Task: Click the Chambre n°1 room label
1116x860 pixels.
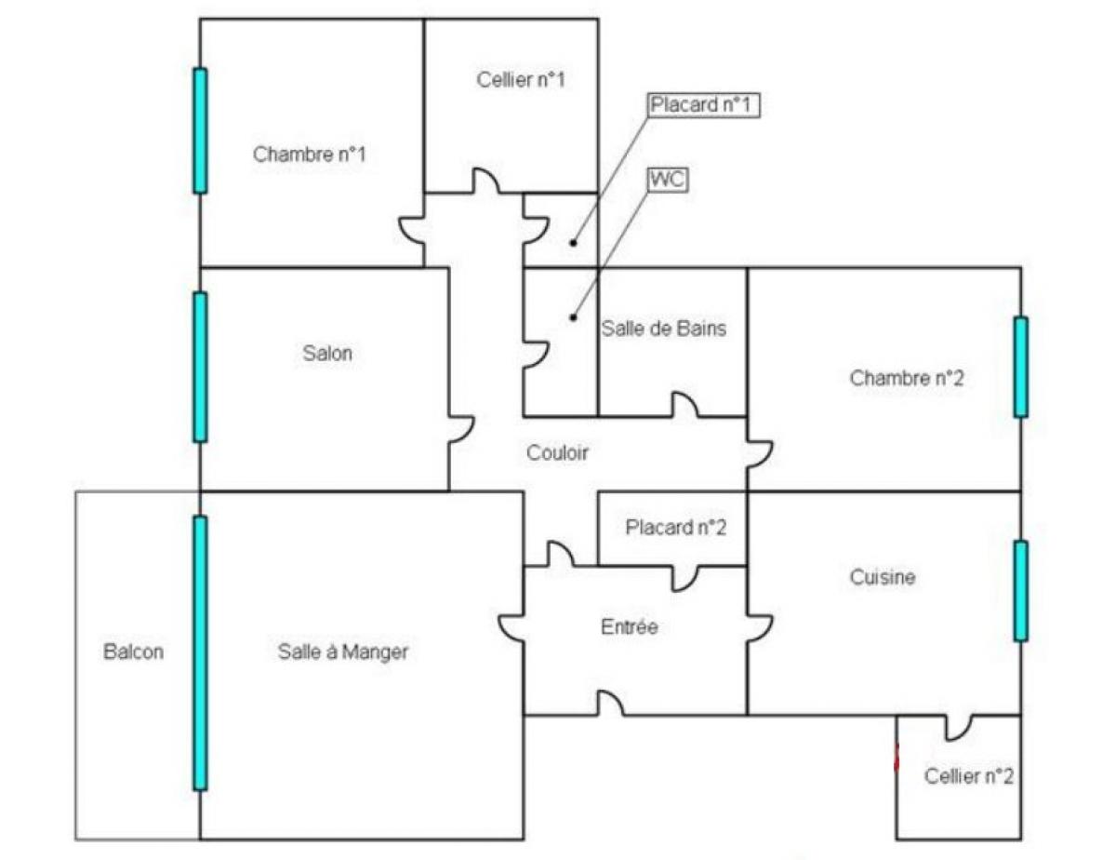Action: (309, 155)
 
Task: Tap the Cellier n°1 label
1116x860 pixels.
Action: (520, 80)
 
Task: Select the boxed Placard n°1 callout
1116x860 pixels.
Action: (702, 105)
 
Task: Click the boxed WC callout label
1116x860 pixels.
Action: (667, 180)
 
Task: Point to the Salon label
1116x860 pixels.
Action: (327, 354)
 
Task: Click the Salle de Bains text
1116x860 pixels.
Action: (663, 329)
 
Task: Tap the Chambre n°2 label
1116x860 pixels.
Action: (907, 378)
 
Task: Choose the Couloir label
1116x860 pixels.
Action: (557, 452)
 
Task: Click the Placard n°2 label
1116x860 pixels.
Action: (676, 527)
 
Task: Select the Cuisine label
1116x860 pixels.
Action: (883, 577)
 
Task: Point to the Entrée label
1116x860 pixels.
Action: (629, 626)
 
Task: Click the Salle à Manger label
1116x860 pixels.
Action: (342, 652)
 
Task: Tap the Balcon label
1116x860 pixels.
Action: (134, 652)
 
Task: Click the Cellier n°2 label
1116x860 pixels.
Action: (969, 776)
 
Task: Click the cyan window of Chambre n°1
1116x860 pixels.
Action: (200, 130)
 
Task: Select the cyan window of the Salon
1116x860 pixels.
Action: (200, 367)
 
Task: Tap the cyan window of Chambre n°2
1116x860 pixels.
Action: (1021, 367)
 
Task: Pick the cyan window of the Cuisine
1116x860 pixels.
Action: (1021, 591)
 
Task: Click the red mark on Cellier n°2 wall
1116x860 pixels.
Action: (897, 758)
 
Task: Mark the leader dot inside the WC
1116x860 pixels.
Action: (574, 317)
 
